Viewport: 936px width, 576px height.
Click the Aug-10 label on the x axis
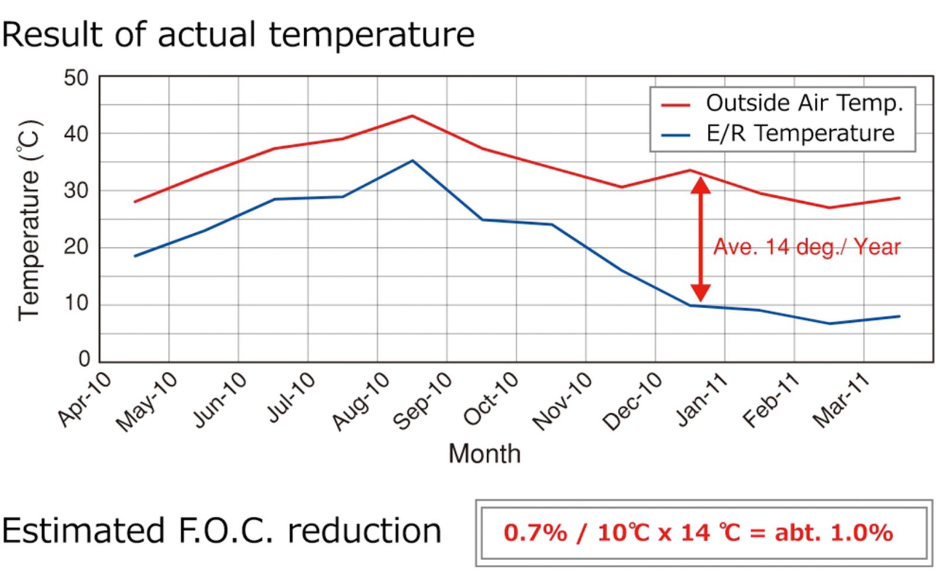click(x=361, y=401)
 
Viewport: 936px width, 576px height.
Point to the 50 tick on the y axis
click(x=76, y=78)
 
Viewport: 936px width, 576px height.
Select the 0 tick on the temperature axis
click(x=84, y=358)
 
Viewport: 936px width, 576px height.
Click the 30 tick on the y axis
click(x=76, y=190)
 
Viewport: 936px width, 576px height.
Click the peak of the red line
click(x=412, y=116)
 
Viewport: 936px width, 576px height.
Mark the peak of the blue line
click(x=412, y=160)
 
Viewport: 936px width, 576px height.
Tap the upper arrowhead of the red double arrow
click(x=700, y=185)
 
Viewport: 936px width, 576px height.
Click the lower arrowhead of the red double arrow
click(x=700, y=292)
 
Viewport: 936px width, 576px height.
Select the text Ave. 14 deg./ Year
click(x=807, y=247)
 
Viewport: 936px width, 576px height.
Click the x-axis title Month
click(x=484, y=454)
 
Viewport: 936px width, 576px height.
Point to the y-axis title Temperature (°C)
click(x=29, y=220)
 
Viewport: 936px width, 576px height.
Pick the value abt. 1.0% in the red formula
click(x=834, y=532)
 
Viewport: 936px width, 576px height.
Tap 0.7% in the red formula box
click(x=535, y=532)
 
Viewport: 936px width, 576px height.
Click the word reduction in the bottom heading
click(x=364, y=530)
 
